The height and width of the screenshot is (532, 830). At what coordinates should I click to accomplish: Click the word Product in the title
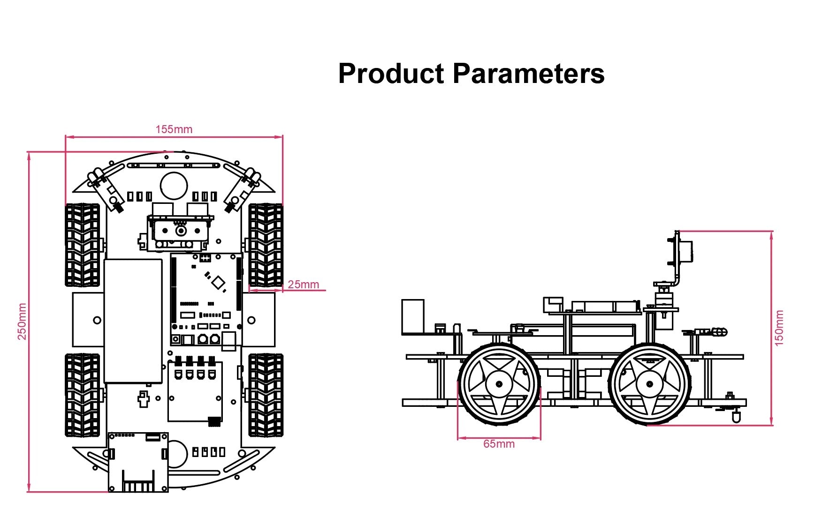click(x=391, y=74)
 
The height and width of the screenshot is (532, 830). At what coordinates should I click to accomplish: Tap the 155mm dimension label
click(x=174, y=129)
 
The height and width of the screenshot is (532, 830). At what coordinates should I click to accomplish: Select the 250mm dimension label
click(x=22, y=321)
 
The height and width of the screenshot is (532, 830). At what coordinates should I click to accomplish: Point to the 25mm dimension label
click(x=303, y=285)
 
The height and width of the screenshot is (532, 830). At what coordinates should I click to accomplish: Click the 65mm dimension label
click(x=499, y=444)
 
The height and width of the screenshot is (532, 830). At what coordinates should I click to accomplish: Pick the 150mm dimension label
click(x=779, y=328)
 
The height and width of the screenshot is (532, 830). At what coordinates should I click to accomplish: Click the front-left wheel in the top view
click(x=83, y=245)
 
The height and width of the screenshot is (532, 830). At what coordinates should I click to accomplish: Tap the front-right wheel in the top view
click(x=266, y=245)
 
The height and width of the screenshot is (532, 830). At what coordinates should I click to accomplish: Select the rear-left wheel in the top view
click(x=83, y=395)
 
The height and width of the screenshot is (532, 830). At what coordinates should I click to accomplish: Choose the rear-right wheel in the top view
click(x=266, y=395)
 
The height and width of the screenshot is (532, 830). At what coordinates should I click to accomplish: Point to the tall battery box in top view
click(x=133, y=321)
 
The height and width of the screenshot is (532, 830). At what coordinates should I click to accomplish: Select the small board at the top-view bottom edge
click(x=138, y=462)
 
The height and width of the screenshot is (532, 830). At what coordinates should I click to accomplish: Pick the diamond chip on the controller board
click(x=218, y=282)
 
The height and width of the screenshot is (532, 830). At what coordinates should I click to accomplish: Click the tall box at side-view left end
click(x=413, y=316)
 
